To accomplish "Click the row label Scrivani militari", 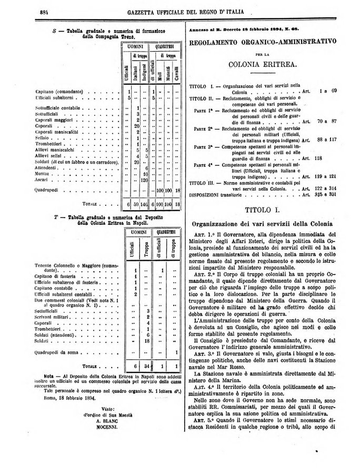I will tap(55, 317).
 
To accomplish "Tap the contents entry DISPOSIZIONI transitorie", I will tap(221, 195).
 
